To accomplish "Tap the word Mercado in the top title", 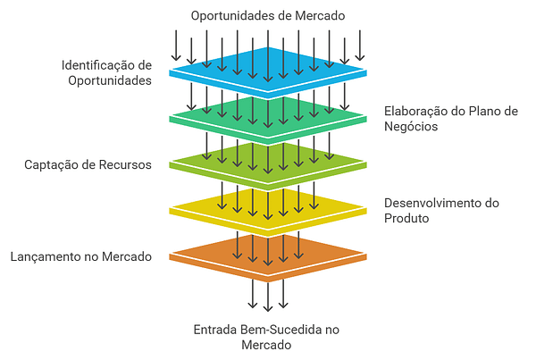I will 319,15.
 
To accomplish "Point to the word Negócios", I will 411,126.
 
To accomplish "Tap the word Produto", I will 407,218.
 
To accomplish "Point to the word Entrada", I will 215,330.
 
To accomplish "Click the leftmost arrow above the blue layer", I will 176,45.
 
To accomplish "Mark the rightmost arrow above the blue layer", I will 360,45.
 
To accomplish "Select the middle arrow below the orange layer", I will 268,295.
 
